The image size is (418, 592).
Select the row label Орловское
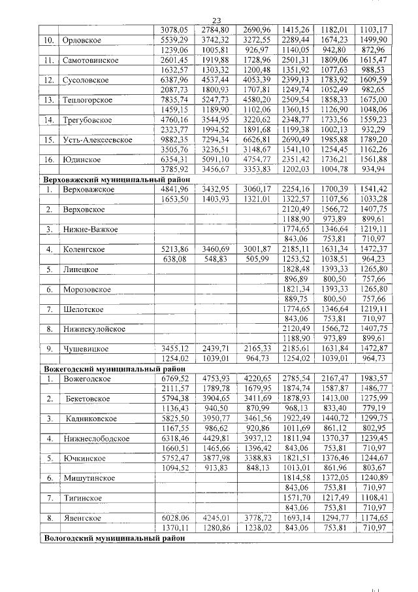[80, 41]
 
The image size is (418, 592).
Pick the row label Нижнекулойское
[94, 329]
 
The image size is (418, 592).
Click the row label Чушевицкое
[85, 349]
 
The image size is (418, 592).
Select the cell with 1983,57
[374, 379]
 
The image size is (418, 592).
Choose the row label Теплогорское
[89, 99]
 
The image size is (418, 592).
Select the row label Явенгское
[84, 518]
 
